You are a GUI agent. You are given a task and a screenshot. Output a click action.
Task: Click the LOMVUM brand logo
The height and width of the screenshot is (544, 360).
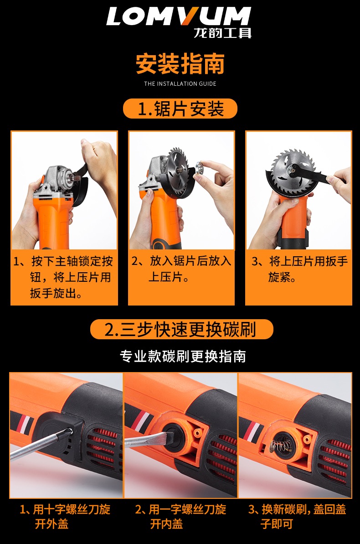click(x=179, y=16)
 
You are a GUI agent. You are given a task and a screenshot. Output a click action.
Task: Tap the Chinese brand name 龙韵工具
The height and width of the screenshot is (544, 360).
click(x=222, y=33)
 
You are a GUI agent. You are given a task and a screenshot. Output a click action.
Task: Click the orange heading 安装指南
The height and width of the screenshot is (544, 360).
click(x=180, y=63)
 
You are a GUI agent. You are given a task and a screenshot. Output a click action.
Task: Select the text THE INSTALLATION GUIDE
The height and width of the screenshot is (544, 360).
click(x=180, y=83)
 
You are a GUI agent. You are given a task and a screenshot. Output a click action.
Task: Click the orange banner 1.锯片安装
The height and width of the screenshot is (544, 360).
click(x=180, y=109)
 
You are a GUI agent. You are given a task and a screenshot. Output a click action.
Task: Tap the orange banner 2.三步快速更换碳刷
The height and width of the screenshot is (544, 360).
click(x=181, y=329)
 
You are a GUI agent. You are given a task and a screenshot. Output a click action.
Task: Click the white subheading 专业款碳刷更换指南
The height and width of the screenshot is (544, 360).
click(x=183, y=356)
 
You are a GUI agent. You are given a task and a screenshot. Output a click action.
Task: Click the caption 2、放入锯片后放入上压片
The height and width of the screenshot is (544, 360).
click(x=181, y=269)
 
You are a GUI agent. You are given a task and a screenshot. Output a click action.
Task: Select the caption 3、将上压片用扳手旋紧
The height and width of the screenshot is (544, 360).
click(x=299, y=269)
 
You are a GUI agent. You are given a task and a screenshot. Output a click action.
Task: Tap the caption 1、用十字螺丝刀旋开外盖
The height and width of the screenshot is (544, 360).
click(x=65, y=517)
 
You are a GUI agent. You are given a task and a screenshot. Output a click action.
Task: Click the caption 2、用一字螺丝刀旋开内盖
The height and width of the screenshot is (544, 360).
click(x=180, y=517)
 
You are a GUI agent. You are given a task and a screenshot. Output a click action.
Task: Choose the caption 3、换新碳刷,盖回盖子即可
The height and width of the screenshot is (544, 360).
click(x=297, y=517)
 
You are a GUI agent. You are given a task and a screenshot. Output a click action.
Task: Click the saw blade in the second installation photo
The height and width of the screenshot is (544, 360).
click(x=179, y=166)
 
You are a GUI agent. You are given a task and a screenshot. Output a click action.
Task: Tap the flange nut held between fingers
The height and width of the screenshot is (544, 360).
click(x=200, y=167)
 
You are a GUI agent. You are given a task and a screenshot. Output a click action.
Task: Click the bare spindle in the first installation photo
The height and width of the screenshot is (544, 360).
click(x=74, y=177)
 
